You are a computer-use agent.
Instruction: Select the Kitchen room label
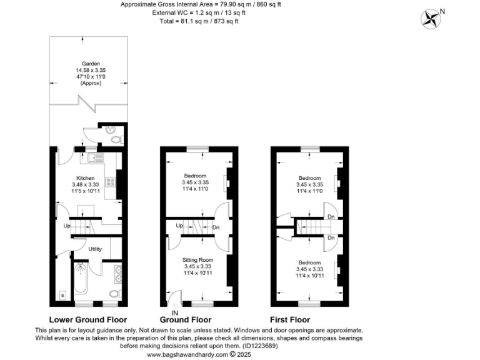[x=86, y=178]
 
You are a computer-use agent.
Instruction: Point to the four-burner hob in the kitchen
[x=110, y=182]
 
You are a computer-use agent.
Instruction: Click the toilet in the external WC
[x=112, y=137]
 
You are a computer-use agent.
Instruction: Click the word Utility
[x=95, y=249]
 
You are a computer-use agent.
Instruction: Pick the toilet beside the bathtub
[x=114, y=293]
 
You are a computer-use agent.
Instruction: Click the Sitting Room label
[x=198, y=259]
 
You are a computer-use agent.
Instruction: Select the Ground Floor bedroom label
[x=196, y=176]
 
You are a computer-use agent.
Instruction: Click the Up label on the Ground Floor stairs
[x=179, y=226]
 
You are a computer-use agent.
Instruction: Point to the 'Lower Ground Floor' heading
[x=88, y=319]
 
